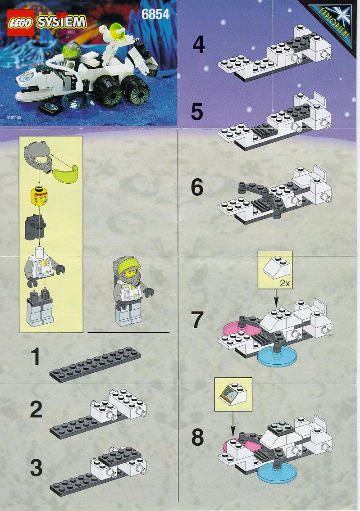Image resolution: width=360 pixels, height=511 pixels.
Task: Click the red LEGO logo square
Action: point(21,23)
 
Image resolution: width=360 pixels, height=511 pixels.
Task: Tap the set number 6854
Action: point(156,14)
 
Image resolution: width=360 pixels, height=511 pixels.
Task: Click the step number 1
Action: point(35,357)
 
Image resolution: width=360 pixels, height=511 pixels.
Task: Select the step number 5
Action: point(197,112)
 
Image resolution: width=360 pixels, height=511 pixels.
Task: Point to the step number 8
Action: point(198,437)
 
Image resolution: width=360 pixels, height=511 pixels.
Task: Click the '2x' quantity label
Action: point(285,284)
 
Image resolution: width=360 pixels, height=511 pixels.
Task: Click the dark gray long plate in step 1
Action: point(96,364)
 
